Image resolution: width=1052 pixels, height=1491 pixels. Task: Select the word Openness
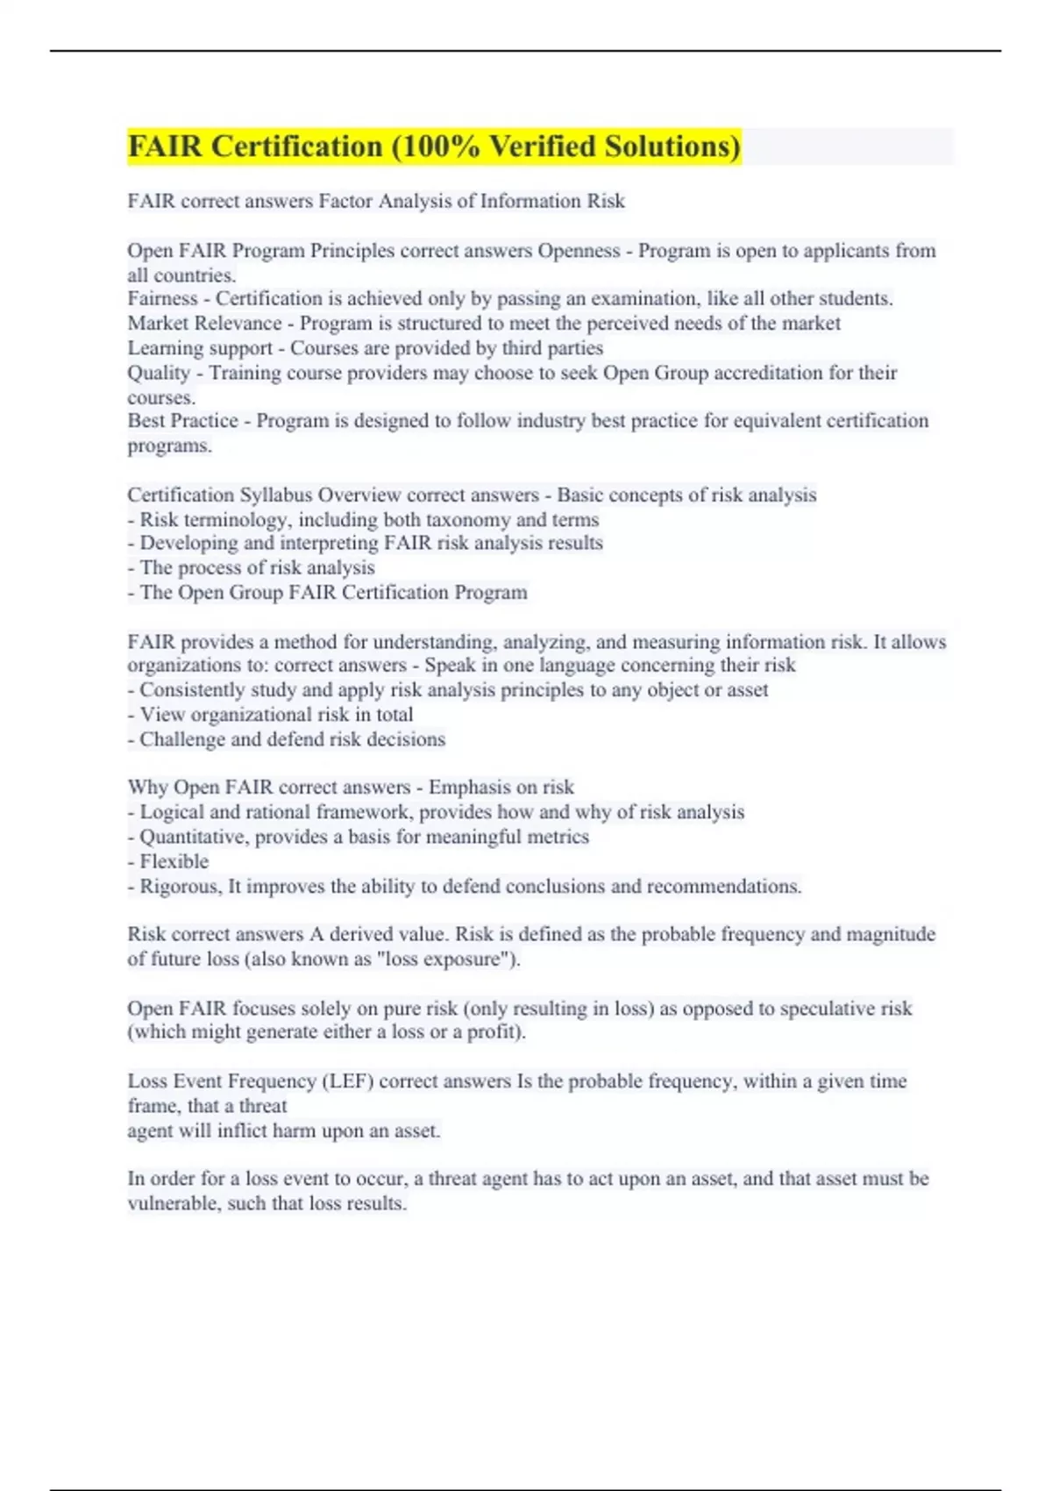[579, 251]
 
